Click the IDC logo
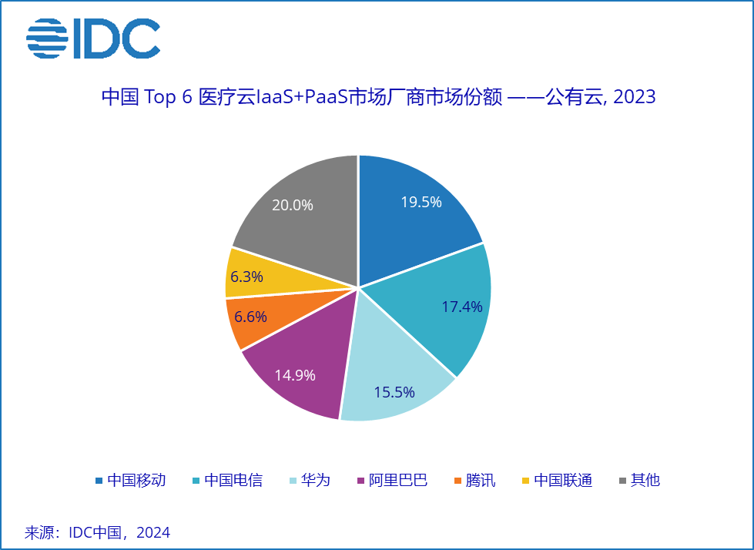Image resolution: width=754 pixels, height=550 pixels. pos(93,38)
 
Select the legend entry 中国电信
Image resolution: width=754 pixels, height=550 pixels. pos(226,481)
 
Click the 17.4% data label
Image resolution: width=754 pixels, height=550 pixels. pos(462,307)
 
